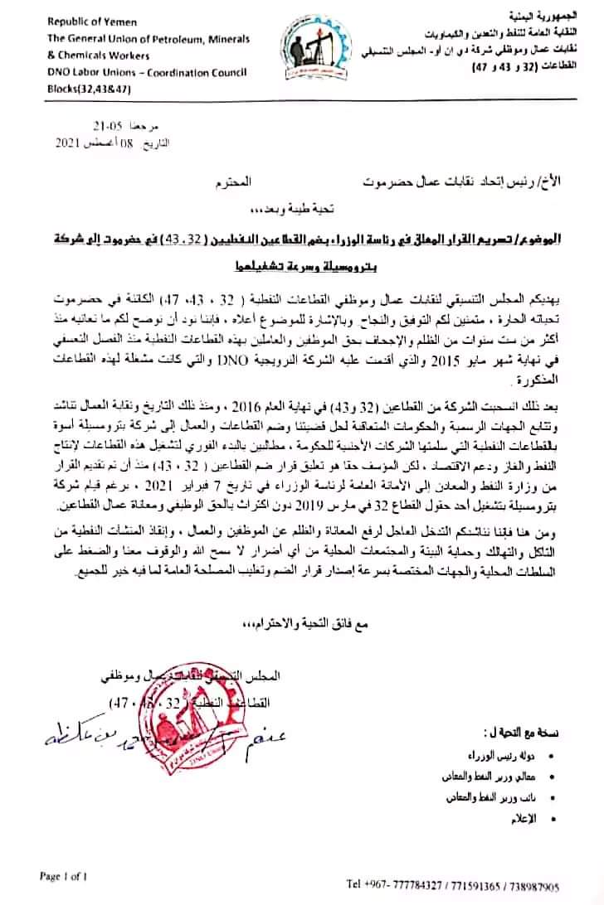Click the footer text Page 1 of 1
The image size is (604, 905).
pos(64,874)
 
